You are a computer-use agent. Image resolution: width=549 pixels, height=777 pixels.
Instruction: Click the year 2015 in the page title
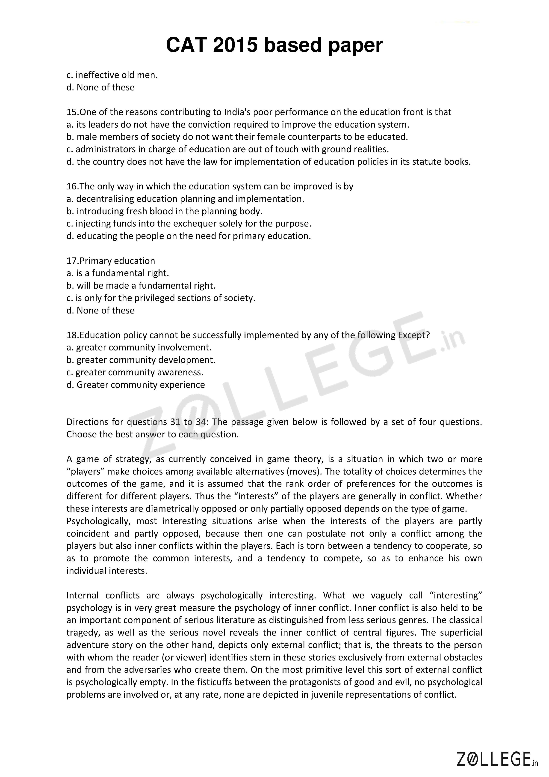pos(235,45)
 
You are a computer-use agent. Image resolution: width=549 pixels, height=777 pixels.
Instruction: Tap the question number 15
pos(72,112)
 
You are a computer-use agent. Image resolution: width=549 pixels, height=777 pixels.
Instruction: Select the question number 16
pos(72,186)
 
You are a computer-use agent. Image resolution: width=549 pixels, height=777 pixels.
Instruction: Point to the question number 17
pos(72,261)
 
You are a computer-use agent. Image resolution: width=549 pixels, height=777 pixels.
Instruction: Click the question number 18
pos(72,335)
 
